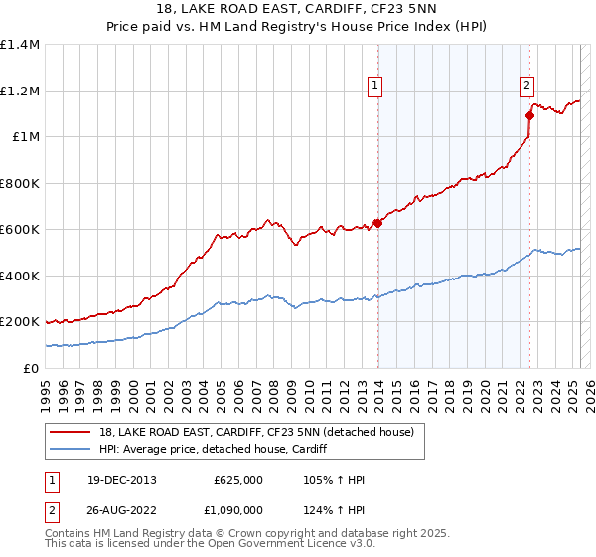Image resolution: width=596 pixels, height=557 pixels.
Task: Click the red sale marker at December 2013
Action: tap(377, 223)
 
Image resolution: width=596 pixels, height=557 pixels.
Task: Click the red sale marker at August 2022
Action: tap(529, 115)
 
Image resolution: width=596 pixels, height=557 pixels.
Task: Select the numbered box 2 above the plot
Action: tap(526, 86)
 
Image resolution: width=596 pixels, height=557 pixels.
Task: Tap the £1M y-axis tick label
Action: tap(24, 137)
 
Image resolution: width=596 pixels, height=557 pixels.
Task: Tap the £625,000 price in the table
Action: tap(238, 481)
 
